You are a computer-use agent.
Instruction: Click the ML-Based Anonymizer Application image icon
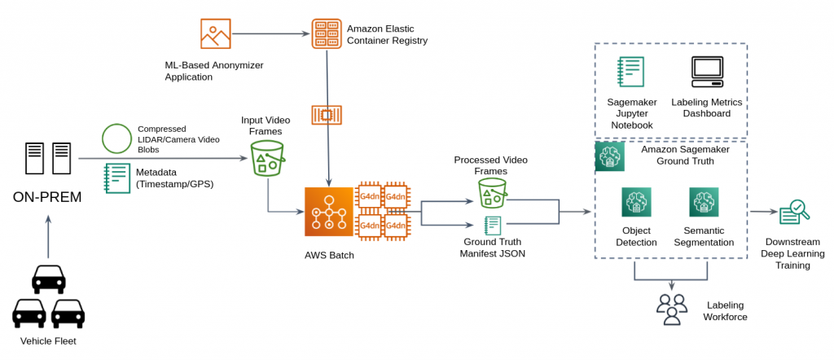point(216,33)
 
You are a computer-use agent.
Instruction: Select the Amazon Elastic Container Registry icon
point(327,33)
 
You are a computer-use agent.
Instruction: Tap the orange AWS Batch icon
point(328,212)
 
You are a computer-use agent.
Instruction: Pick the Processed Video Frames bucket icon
point(492,193)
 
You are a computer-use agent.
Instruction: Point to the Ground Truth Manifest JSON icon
point(492,226)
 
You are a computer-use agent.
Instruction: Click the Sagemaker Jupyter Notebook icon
point(631,72)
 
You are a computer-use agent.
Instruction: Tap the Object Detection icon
point(636,203)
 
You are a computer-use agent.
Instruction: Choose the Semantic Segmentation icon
point(704,203)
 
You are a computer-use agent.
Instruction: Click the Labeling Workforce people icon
point(671,309)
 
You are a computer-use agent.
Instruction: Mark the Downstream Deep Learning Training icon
point(793,213)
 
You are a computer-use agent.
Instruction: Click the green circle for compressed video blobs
point(116,138)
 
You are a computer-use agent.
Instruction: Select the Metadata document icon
point(117,178)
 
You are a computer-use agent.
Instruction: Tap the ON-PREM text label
point(47,198)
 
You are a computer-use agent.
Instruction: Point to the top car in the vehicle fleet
point(48,279)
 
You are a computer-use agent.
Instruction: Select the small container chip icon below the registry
point(327,115)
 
